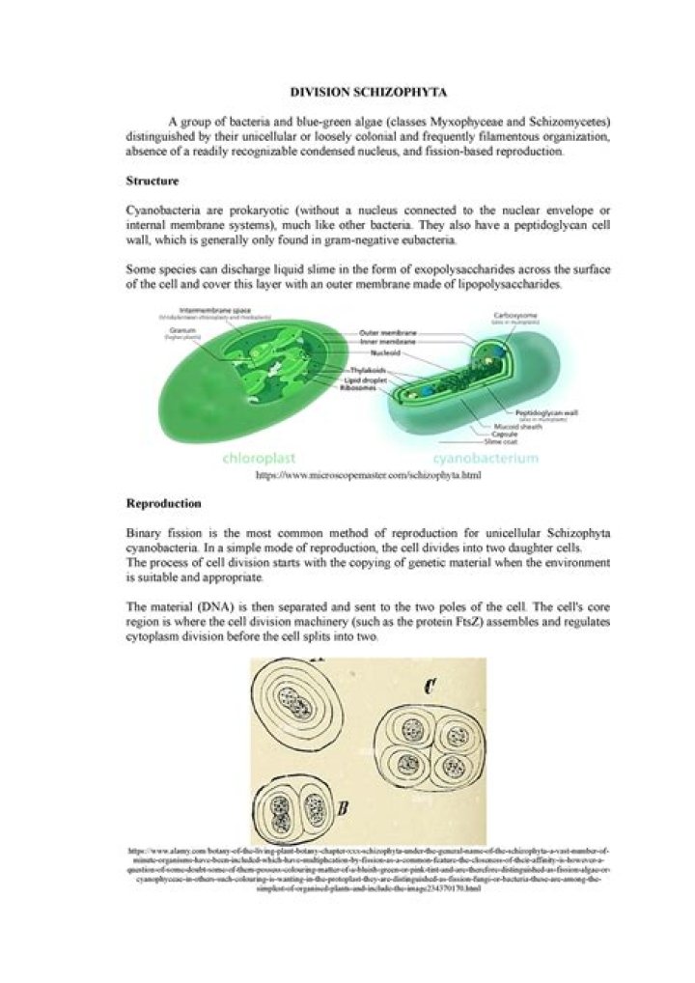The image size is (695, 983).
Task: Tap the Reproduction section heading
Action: click(163, 503)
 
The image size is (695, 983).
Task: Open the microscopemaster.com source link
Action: click(368, 475)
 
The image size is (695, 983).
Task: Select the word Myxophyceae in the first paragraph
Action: click(433, 123)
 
